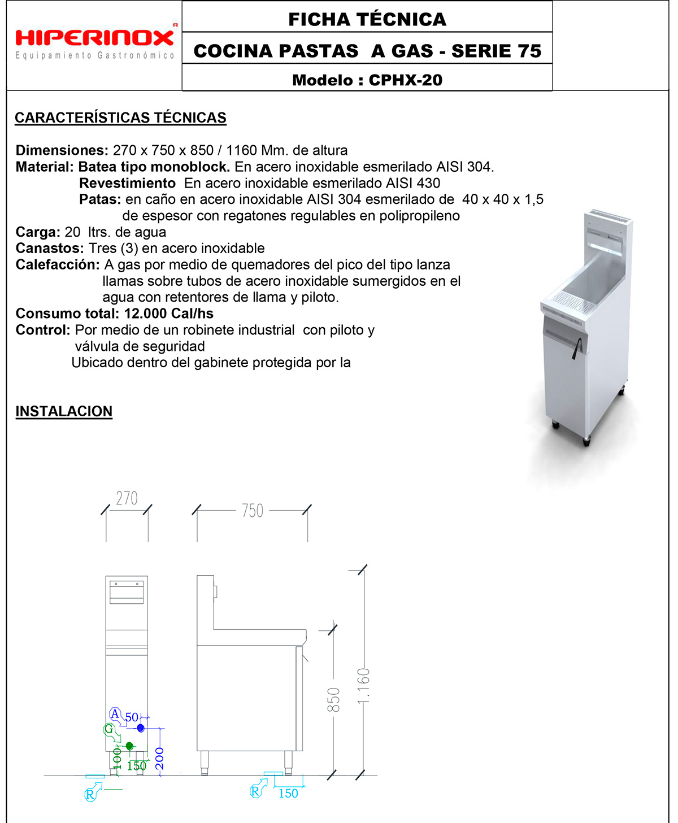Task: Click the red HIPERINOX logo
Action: [x=95, y=38]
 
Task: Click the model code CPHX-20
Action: [x=405, y=80]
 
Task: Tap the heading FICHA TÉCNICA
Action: [x=367, y=19]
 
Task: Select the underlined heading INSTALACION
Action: [x=64, y=411]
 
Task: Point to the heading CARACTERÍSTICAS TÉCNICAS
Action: [x=120, y=117]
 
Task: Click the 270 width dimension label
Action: [x=127, y=498]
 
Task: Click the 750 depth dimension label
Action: [x=252, y=511]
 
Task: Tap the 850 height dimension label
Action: [x=334, y=699]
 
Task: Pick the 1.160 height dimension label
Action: [x=364, y=686]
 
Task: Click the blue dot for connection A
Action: [x=141, y=728]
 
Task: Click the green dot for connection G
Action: [x=129, y=746]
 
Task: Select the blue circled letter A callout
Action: [x=115, y=714]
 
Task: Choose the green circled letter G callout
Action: [x=109, y=729]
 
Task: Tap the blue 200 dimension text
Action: [x=160, y=757]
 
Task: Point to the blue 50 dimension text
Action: [x=132, y=717]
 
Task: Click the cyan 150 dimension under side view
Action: [x=288, y=793]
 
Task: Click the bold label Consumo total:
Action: [x=67, y=313]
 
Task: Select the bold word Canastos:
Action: [x=50, y=249]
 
